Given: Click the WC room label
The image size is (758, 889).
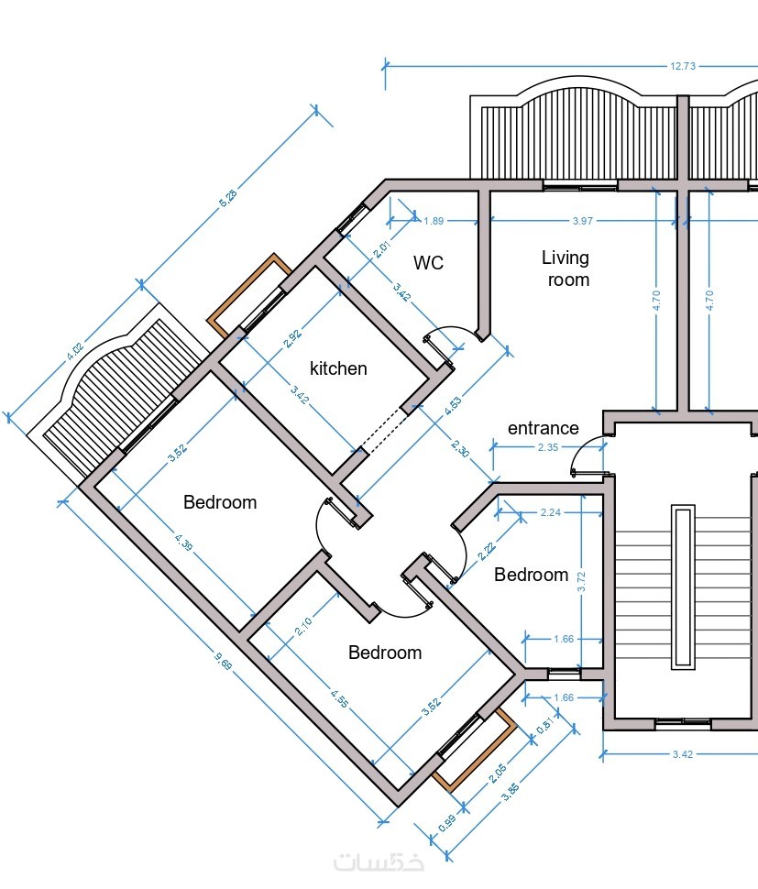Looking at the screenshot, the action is point(428,263).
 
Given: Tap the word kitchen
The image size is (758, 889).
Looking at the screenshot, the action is point(338,368).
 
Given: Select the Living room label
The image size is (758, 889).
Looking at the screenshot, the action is point(566,269).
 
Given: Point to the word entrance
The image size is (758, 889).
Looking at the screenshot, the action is point(544,428).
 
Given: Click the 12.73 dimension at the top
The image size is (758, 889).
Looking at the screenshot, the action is point(683,66).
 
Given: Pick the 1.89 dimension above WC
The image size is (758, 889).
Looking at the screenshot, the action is point(434,221).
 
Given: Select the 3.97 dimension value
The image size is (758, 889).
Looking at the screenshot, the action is point(583,221).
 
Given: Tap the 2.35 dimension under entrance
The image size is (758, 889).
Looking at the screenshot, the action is point(548,447).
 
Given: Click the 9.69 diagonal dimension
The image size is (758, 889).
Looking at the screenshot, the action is point(224,661).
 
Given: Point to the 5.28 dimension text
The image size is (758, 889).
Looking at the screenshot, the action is point(228,198).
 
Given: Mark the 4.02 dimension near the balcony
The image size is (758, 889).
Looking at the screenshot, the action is point(75,352).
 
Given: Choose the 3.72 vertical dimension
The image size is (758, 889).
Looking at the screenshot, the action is point(581,582).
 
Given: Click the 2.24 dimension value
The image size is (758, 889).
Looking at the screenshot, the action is point(551,512).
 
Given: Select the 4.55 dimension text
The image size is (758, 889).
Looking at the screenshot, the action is point(340,698).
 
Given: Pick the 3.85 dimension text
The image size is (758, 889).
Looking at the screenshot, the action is point(511,792).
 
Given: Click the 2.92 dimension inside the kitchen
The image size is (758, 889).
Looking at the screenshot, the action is point(292,338).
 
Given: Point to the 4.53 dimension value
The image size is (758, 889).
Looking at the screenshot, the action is point(453,407).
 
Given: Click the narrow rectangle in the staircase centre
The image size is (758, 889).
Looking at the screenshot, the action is point(683,587).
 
